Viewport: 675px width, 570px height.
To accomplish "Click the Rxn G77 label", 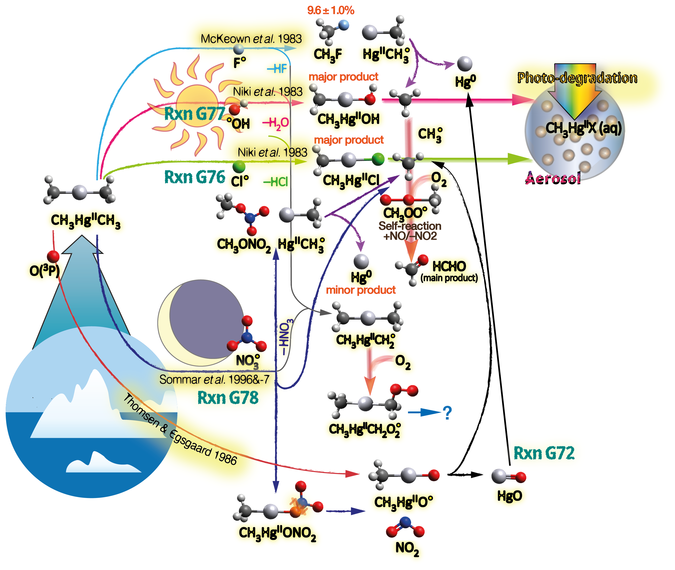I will tap(194, 114).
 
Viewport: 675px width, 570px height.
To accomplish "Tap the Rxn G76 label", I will tap(194, 177).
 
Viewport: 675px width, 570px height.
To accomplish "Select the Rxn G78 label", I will tap(228, 397).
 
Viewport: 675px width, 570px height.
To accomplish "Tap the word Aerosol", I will tap(553, 178).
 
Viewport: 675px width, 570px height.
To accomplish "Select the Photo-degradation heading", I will tap(577, 78).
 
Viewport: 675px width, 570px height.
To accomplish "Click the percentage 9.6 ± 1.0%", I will tap(330, 10).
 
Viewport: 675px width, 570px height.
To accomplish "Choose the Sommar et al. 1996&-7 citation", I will tap(214, 379).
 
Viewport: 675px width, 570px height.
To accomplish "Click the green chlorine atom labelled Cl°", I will tap(239, 167).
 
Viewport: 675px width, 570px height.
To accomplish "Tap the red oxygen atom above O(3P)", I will tap(53, 256).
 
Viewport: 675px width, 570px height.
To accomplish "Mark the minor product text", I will tap(361, 290).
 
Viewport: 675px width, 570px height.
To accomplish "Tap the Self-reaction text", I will tap(409, 226).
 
